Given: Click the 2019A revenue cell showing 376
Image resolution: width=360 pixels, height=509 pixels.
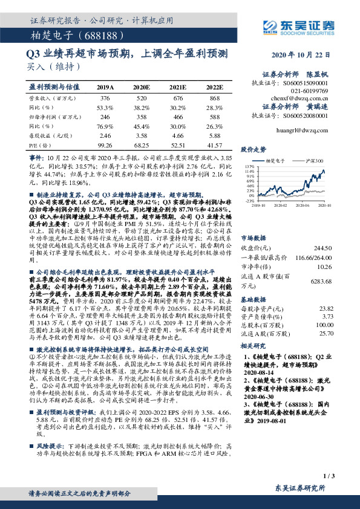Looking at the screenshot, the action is point(105,97).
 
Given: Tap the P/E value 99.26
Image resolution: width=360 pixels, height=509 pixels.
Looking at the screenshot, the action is point(105,145).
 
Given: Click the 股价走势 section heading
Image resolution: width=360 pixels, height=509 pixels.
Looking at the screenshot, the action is point(254,148).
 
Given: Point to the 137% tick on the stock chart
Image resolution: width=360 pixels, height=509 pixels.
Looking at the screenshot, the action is point(249,165).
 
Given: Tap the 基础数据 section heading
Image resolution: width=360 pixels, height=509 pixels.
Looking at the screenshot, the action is point(254,298).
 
